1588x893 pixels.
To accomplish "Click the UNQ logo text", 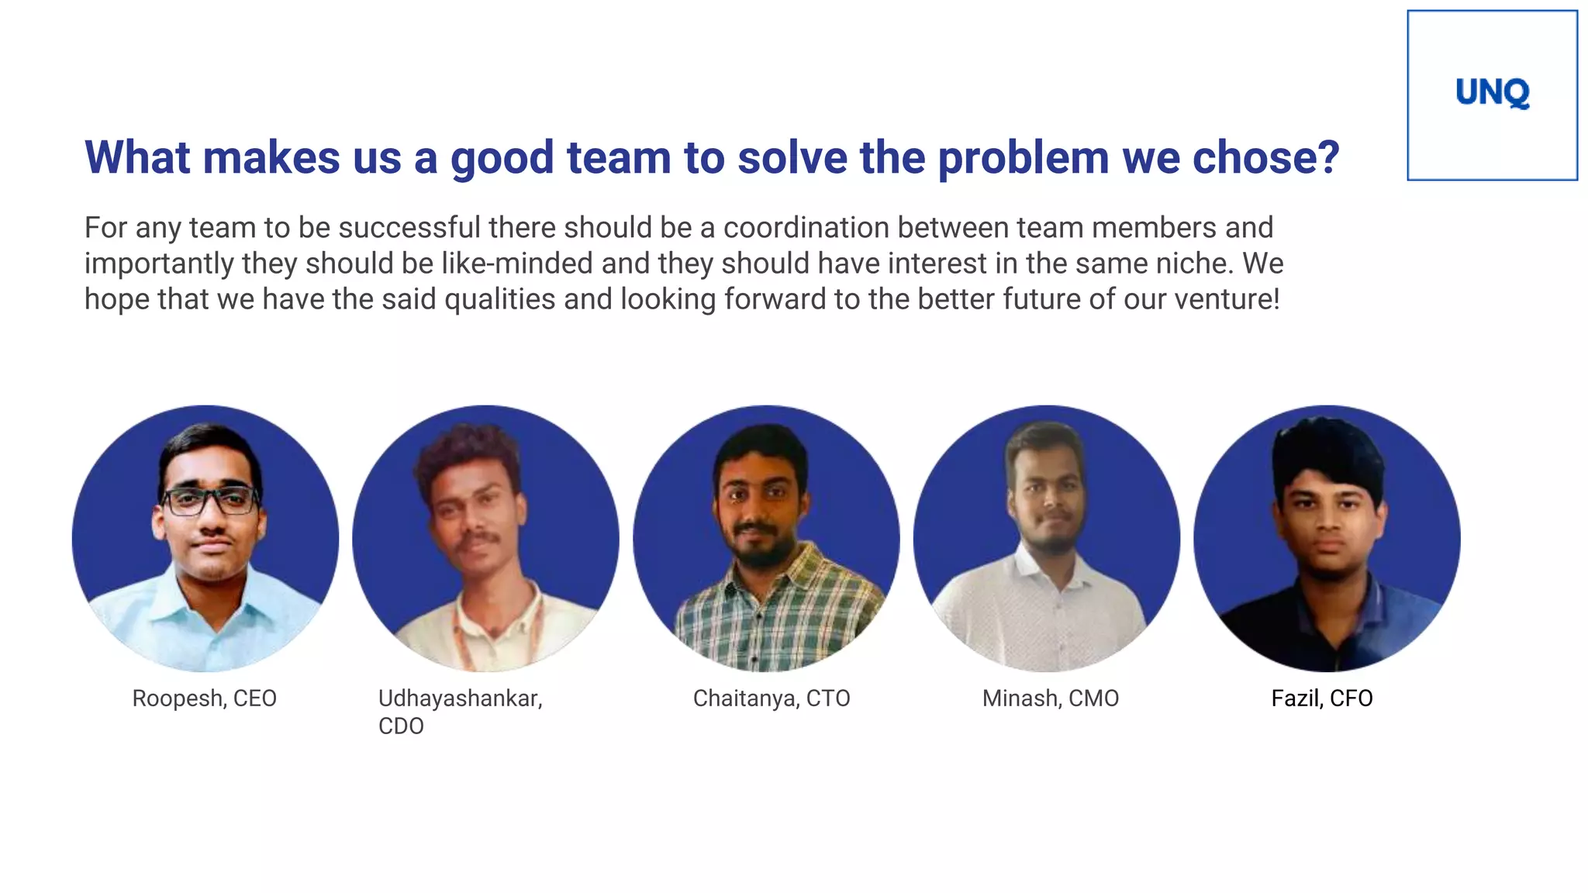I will coord(1492,93).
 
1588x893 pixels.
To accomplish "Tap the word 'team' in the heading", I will coord(618,158).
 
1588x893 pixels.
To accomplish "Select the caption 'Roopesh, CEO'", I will coord(204,698).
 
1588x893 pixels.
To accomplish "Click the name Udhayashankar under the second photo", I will coord(460,698).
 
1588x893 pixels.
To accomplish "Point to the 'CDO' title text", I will coord(401,726).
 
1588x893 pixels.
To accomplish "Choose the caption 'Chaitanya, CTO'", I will coord(772,698).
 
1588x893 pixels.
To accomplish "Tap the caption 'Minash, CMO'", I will coord(1050,698).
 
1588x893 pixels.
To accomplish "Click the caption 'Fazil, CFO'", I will coord(1321,698).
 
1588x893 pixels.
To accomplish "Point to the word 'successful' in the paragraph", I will coord(409,228).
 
